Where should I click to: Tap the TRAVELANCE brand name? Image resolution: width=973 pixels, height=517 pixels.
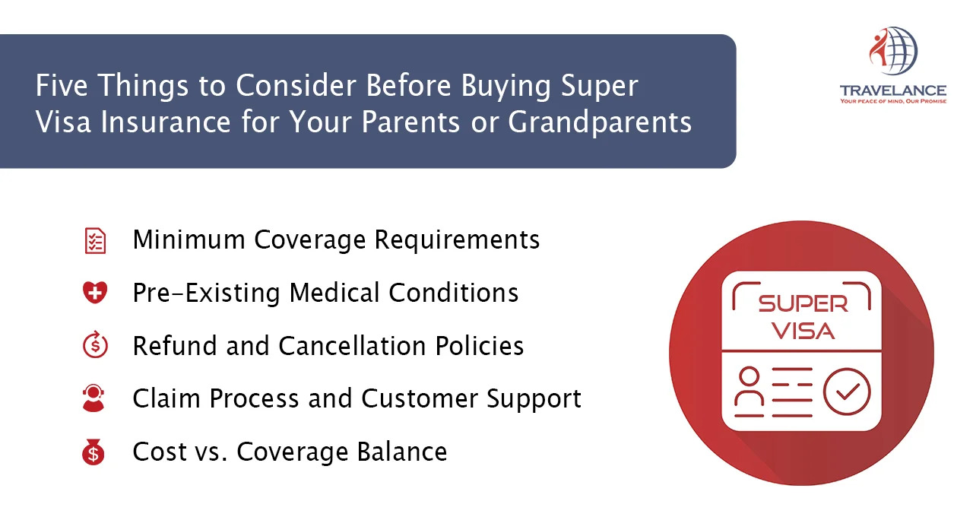coord(893,90)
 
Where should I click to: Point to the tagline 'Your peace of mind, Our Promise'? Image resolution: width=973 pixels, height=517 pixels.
coord(893,101)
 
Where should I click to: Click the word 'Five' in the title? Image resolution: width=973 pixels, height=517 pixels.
coord(62,85)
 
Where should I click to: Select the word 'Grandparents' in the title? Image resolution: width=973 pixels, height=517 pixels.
coord(600,122)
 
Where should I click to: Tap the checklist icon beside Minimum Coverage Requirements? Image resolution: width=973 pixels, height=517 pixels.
coord(95,240)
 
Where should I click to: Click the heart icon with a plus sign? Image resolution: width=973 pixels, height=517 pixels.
coord(95,292)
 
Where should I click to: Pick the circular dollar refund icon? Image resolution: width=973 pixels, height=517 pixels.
coord(95,345)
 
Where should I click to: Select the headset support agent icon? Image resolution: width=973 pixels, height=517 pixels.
coord(93,398)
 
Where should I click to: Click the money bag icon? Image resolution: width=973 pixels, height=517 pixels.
coord(93,452)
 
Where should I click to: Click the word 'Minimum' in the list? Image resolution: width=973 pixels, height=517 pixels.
coord(189,239)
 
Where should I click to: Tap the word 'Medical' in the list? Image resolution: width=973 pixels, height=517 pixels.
coord(334,293)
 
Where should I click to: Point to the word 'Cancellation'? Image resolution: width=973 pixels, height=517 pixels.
coord(352,346)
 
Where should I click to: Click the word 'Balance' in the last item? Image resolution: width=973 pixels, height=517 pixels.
coord(402,452)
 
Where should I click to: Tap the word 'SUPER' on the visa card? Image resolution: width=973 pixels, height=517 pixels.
coord(803,303)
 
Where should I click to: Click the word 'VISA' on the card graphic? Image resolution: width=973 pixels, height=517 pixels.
coord(803,331)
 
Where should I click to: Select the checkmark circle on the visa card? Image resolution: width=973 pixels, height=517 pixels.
coord(847,392)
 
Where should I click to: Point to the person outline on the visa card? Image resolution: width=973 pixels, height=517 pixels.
coord(750,392)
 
